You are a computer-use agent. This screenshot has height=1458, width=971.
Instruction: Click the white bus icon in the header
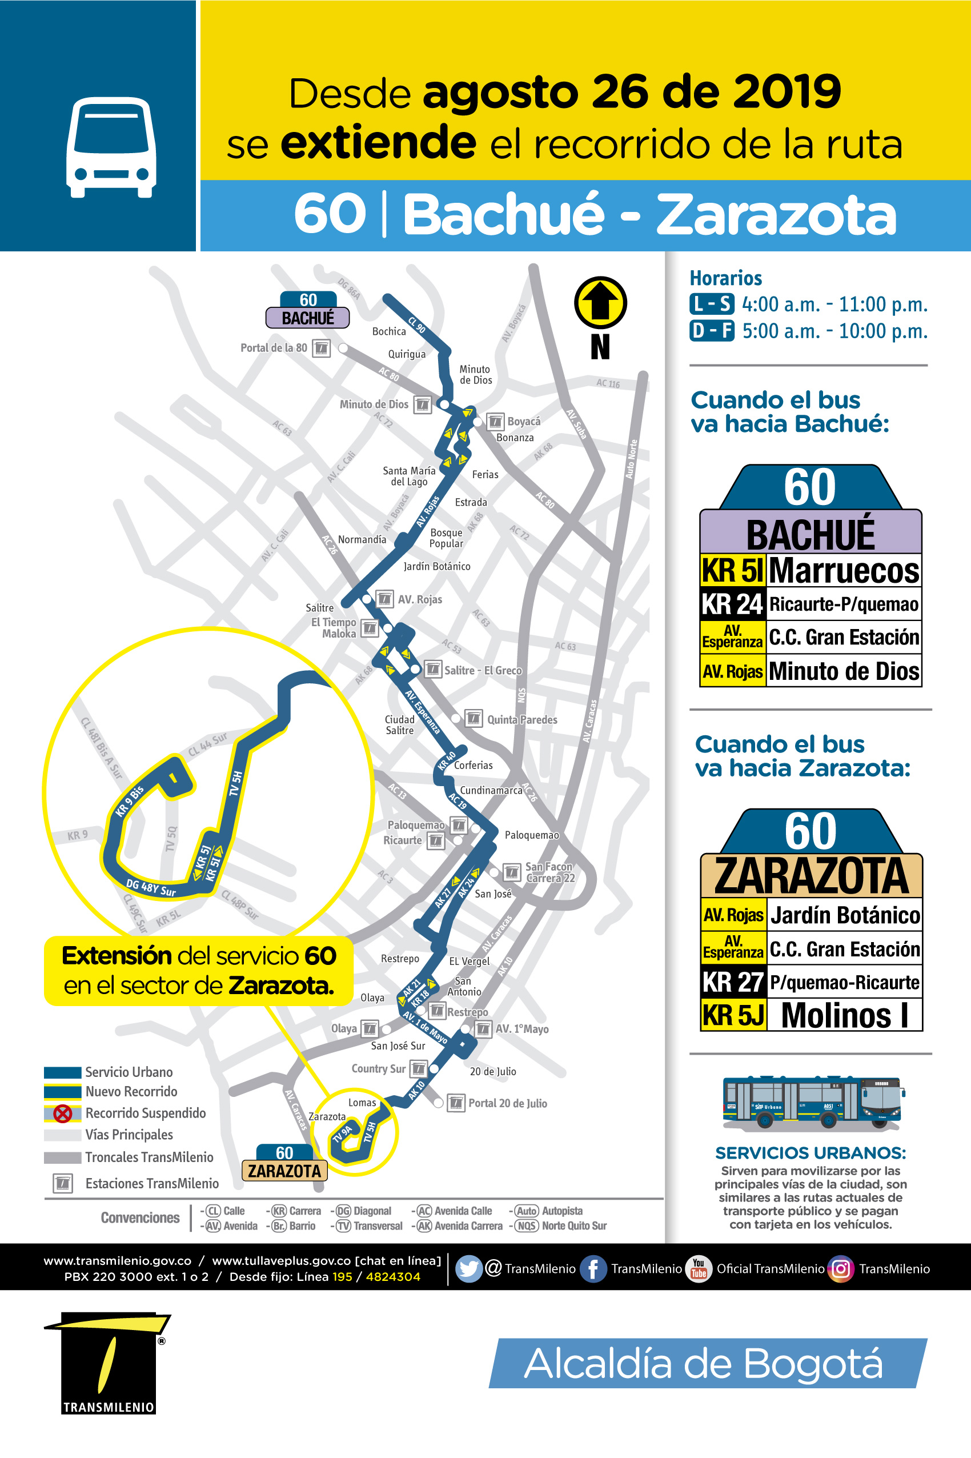click(x=111, y=147)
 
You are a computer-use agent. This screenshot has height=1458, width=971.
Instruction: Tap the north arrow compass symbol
click(x=600, y=303)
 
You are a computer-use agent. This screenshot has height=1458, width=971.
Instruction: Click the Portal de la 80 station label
click(x=273, y=348)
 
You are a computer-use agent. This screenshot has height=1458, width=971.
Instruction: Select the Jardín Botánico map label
click(x=436, y=566)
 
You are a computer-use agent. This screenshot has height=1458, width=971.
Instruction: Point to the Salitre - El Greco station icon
click(x=433, y=670)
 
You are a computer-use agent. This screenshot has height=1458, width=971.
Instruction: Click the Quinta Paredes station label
click(x=522, y=720)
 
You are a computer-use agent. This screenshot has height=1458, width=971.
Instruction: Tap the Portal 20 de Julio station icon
click(x=456, y=1103)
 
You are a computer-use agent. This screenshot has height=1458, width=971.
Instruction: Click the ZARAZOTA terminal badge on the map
click(x=284, y=1171)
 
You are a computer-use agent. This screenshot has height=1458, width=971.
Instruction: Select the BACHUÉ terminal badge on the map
click(x=308, y=318)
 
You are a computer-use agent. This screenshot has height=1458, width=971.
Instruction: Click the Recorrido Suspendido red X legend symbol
click(x=63, y=1113)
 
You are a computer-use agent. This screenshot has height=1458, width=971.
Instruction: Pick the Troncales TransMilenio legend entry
click(x=149, y=1157)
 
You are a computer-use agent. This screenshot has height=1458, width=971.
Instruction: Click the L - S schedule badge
click(x=711, y=304)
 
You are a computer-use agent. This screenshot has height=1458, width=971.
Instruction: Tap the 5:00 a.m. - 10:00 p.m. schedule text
click(x=834, y=331)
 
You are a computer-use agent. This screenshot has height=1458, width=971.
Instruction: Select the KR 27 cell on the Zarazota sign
click(x=733, y=982)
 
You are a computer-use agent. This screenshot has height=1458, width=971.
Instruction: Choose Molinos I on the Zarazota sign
click(x=844, y=1016)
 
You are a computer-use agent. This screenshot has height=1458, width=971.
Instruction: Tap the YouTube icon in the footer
click(x=699, y=1269)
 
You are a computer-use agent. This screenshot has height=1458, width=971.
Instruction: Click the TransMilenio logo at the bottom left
click(x=109, y=1363)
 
